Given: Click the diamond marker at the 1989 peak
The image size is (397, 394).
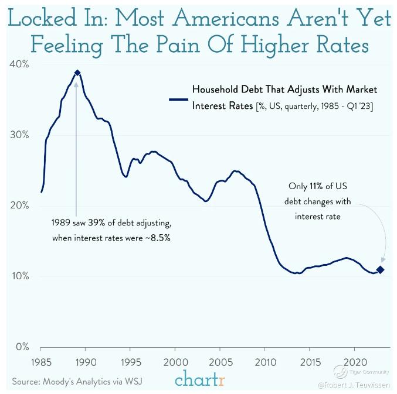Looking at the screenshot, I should (x=77, y=73).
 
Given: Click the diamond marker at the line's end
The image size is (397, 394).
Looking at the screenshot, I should (x=380, y=270).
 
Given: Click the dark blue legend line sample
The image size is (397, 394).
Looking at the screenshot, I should (x=177, y=99).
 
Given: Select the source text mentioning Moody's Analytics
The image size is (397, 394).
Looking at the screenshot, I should (x=77, y=382).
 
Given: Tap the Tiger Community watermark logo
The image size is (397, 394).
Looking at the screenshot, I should (x=339, y=371).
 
